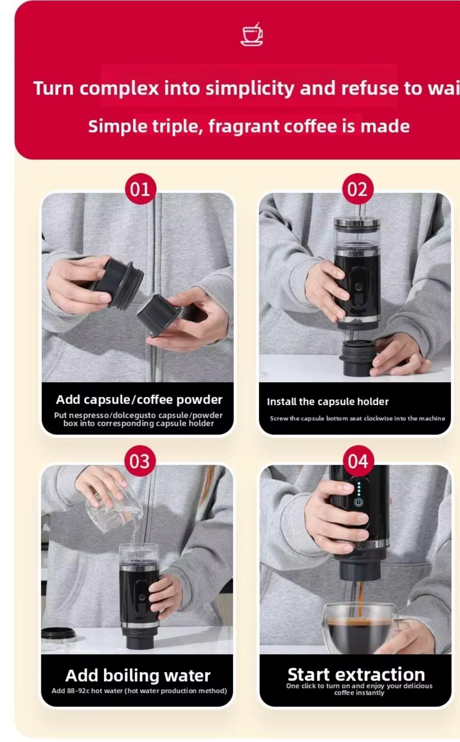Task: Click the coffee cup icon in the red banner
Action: tap(252, 34)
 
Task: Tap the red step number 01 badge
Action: tap(141, 189)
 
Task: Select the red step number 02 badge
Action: tap(358, 189)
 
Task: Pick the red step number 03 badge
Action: tap(140, 461)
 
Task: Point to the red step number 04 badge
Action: tap(358, 461)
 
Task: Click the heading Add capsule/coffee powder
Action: tap(139, 400)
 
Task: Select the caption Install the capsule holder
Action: tap(328, 402)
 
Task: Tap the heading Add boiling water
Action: tap(138, 676)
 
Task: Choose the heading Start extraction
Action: tap(356, 674)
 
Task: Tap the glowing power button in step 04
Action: tap(359, 502)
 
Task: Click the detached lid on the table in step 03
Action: tap(58, 634)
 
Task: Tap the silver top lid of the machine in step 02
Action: tap(357, 223)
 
